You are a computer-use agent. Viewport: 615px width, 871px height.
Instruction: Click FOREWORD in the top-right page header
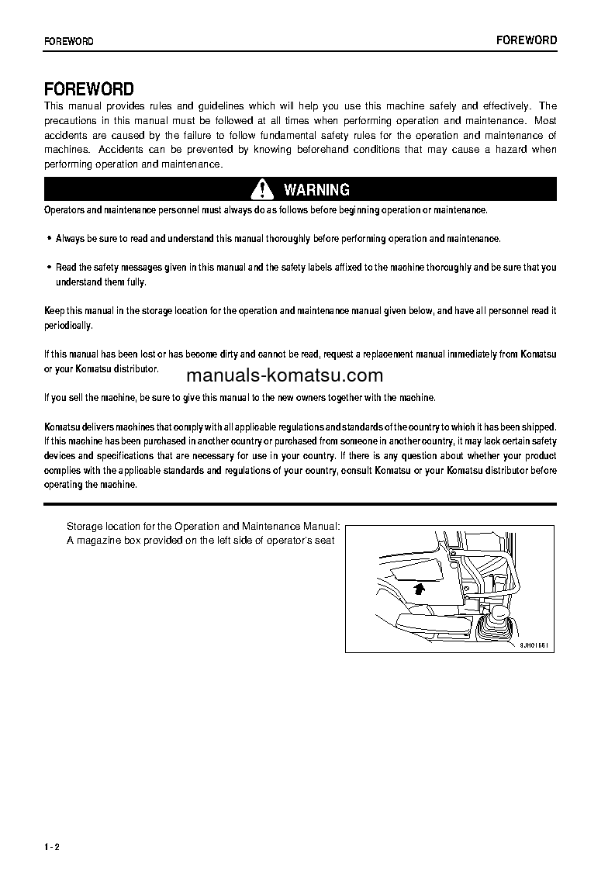coord(526,40)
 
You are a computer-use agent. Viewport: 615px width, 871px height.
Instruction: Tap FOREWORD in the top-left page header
coord(69,41)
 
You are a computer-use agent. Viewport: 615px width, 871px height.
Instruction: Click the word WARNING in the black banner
coord(316,189)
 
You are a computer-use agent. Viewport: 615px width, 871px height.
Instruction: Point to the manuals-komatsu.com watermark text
coord(285,376)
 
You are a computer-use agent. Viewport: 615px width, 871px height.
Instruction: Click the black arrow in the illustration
coord(420,589)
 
